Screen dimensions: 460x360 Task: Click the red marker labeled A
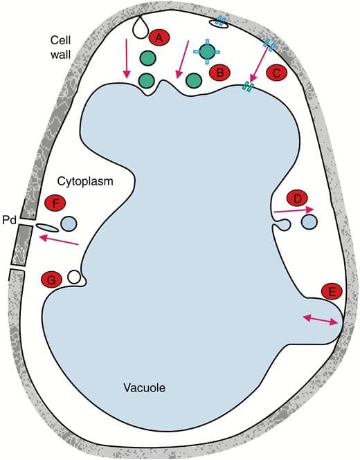tap(159, 38)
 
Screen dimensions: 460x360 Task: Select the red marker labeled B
tap(220, 72)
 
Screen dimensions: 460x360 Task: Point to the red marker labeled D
tap(298, 199)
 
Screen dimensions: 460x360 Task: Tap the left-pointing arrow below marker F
tap(59, 239)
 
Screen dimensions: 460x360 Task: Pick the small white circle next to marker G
tap(74, 277)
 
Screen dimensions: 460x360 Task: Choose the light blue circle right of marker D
tap(309, 221)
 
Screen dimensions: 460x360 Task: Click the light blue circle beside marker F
tap(69, 223)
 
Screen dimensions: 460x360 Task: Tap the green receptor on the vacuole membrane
tap(246, 87)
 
